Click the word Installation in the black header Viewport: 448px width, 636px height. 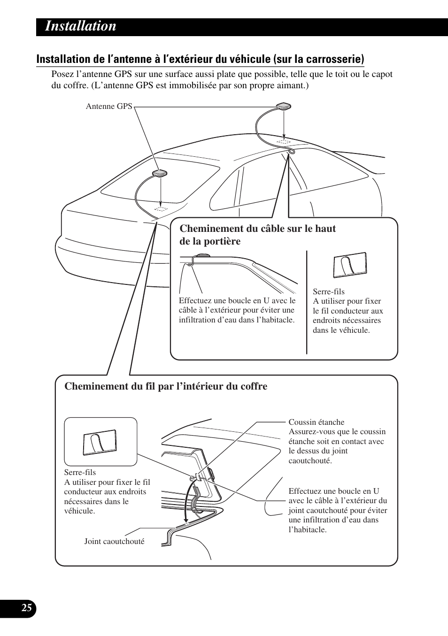(81, 26)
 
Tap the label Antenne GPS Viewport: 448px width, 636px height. (109, 107)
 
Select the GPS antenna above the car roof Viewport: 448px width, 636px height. (284, 107)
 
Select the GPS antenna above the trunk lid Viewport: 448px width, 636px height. (160, 174)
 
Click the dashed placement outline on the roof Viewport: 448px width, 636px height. (283, 141)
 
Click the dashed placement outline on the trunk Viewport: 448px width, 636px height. (161, 207)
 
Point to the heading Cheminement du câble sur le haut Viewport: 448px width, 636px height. (258, 229)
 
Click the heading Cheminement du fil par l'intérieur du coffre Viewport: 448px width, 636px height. (166, 386)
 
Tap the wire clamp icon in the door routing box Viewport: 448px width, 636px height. (350, 266)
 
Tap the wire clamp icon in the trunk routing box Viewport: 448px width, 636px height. (100, 442)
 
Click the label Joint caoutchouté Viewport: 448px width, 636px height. (114, 541)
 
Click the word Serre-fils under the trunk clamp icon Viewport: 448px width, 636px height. (80, 472)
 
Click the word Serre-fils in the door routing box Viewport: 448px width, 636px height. (329, 291)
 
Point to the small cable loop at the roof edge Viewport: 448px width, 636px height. (291, 152)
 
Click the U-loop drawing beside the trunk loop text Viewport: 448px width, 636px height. (270, 500)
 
